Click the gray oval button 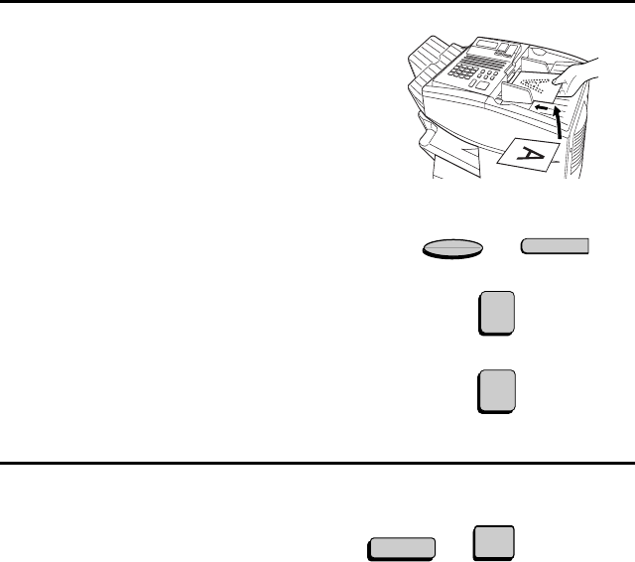pyautogui.click(x=452, y=248)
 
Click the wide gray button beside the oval pyautogui.click(x=555, y=246)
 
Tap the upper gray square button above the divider pyautogui.click(x=497, y=313)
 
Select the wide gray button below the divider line pyautogui.click(x=402, y=549)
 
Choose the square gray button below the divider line pyautogui.click(x=494, y=543)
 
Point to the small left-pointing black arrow pyautogui.click(x=541, y=107)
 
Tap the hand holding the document pyautogui.click(x=575, y=79)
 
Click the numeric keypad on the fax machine pyautogui.click(x=463, y=71)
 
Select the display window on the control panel pyautogui.click(x=487, y=44)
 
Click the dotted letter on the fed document pyautogui.click(x=533, y=84)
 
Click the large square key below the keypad pyautogui.click(x=482, y=85)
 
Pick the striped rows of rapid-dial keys pyautogui.click(x=484, y=62)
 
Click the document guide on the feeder pyautogui.click(x=517, y=93)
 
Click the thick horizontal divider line pyautogui.click(x=317, y=463)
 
